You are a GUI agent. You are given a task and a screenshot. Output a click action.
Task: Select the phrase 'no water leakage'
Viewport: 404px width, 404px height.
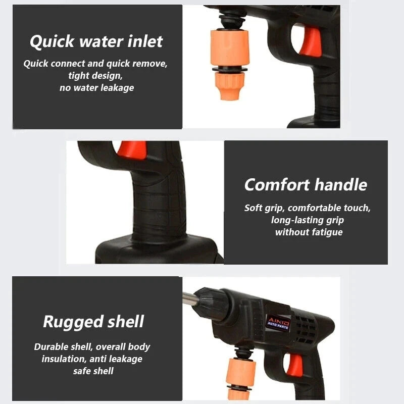(97, 87)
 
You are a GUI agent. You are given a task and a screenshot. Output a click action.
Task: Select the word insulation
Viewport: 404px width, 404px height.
(62, 359)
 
